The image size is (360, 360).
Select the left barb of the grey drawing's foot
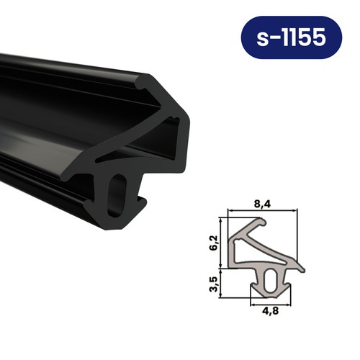[252, 291]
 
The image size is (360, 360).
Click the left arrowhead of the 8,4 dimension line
[230, 211]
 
